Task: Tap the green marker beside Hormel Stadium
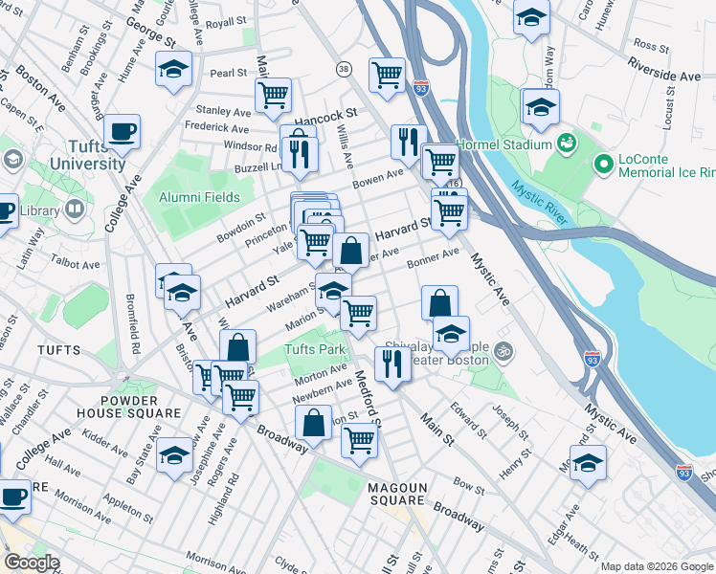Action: click(567, 143)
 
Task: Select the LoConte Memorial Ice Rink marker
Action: click(603, 165)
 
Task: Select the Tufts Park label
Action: click(314, 349)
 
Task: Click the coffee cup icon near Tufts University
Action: click(122, 131)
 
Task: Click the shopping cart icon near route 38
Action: click(387, 74)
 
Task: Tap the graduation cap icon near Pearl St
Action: click(174, 68)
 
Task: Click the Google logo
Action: click(32, 563)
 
